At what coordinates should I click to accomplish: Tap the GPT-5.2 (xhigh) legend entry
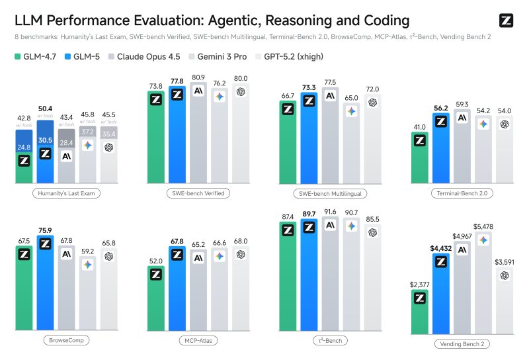pyautogui.click(x=294, y=56)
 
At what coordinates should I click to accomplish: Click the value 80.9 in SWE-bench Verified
pyautogui.click(x=198, y=77)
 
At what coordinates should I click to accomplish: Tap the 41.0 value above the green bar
pyautogui.click(x=419, y=126)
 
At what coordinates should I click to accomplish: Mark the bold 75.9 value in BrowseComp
pyautogui.click(x=45, y=231)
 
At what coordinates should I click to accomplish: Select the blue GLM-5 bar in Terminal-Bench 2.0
pyautogui.click(x=441, y=152)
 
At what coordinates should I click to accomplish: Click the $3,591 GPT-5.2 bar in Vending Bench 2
pyautogui.click(x=505, y=301)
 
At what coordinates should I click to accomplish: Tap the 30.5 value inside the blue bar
pyautogui.click(x=45, y=140)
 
